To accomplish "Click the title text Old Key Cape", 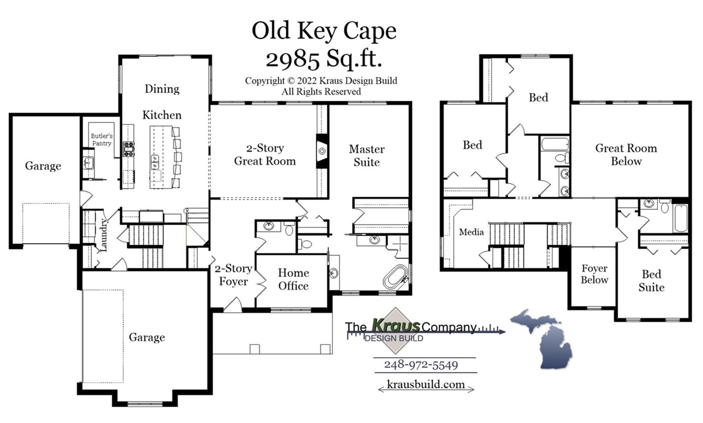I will [x=324, y=31].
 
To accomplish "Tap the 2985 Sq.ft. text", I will [x=324, y=59].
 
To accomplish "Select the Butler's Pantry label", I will [x=101, y=140].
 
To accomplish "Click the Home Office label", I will [x=293, y=279].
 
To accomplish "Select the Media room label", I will [x=471, y=232].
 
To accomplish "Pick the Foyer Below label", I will [x=594, y=274].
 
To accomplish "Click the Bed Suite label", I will [x=651, y=281].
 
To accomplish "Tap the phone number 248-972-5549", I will [x=421, y=365].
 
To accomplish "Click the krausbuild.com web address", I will [x=426, y=384].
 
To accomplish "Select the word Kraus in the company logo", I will [x=396, y=326].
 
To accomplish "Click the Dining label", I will [x=162, y=89].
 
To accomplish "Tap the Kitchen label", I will [x=162, y=115].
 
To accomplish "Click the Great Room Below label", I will [x=626, y=155].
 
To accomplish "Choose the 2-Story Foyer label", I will [x=233, y=275].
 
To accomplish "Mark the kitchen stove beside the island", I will [x=128, y=149].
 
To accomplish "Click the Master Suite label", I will [x=366, y=156].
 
